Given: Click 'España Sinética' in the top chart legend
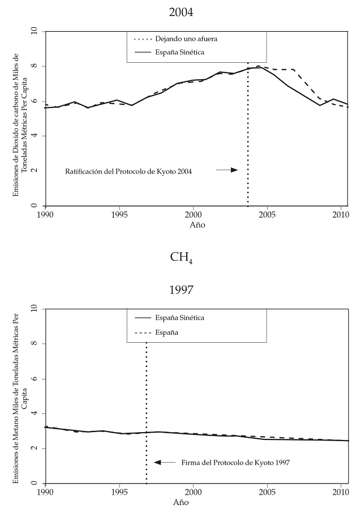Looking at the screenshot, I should [180, 52].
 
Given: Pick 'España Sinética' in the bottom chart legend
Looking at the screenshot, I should [180, 318].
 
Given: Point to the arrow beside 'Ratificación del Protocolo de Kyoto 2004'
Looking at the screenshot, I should [227, 170].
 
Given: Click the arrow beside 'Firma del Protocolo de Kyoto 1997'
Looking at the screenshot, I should [165, 462].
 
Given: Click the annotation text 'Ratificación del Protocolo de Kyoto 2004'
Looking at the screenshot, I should [129, 171].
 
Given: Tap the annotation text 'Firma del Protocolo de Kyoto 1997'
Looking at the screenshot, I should [235, 463].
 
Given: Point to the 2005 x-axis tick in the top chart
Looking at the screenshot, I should [268, 215].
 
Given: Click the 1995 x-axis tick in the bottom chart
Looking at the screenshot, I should [119, 492].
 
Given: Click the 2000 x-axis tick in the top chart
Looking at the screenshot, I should [194, 215].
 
